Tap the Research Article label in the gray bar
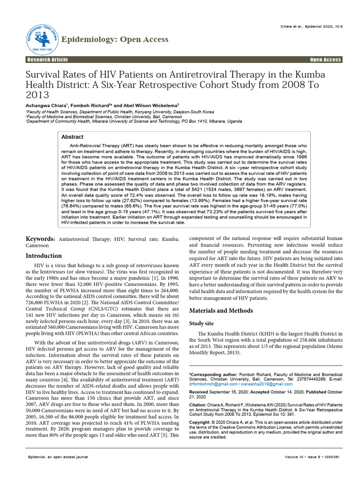[x=47, y=60]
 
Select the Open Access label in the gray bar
[x=326, y=60]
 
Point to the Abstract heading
[x=73, y=137]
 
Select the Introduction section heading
[x=43, y=256]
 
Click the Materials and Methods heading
[x=221, y=311]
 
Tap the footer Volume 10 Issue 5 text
[x=311, y=456]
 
